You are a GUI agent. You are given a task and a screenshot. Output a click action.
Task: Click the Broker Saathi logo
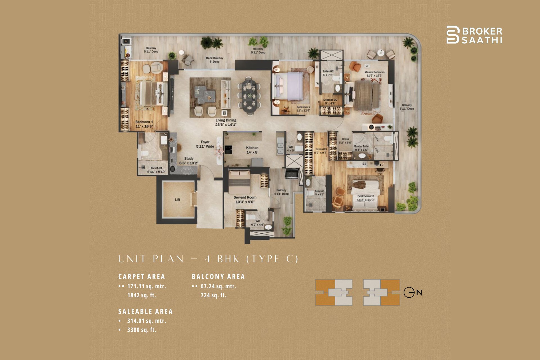pyautogui.click(x=474, y=35)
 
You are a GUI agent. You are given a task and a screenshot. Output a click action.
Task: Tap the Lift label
pyautogui.click(x=177, y=200)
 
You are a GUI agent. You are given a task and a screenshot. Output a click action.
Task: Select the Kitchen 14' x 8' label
pyautogui.click(x=252, y=150)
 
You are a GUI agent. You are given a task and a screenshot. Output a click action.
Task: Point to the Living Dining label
pyautogui.click(x=226, y=122)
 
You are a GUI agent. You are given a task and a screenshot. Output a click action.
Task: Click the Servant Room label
pyautogui.click(x=245, y=199)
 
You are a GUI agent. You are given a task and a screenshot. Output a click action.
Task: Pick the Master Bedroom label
pyautogui.click(x=374, y=74)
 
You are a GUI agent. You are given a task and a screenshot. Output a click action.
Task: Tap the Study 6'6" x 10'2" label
pyautogui.click(x=189, y=161)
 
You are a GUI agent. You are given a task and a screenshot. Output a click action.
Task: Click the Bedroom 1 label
pyautogui.click(x=144, y=124)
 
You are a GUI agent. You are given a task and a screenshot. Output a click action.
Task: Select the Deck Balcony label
pyautogui.click(x=214, y=60)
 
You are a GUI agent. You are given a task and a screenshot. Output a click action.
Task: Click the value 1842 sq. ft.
pyautogui.click(x=141, y=295)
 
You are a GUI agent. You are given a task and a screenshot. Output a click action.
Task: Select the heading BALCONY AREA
pyautogui.click(x=218, y=277)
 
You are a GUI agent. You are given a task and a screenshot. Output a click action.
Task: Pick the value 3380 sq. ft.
pyautogui.click(x=141, y=330)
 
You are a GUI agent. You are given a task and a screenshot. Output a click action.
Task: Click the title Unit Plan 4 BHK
pyautogui.click(x=208, y=259)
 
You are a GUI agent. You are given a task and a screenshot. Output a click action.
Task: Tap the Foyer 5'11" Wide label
pyautogui.click(x=205, y=144)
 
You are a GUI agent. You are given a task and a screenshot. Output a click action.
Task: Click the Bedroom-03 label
pyautogui.click(x=366, y=198)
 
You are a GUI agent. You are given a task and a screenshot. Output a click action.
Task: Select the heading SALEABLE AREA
pyautogui.click(x=145, y=312)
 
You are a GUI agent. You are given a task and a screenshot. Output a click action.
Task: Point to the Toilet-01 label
pyautogui.click(x=156, y=170)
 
